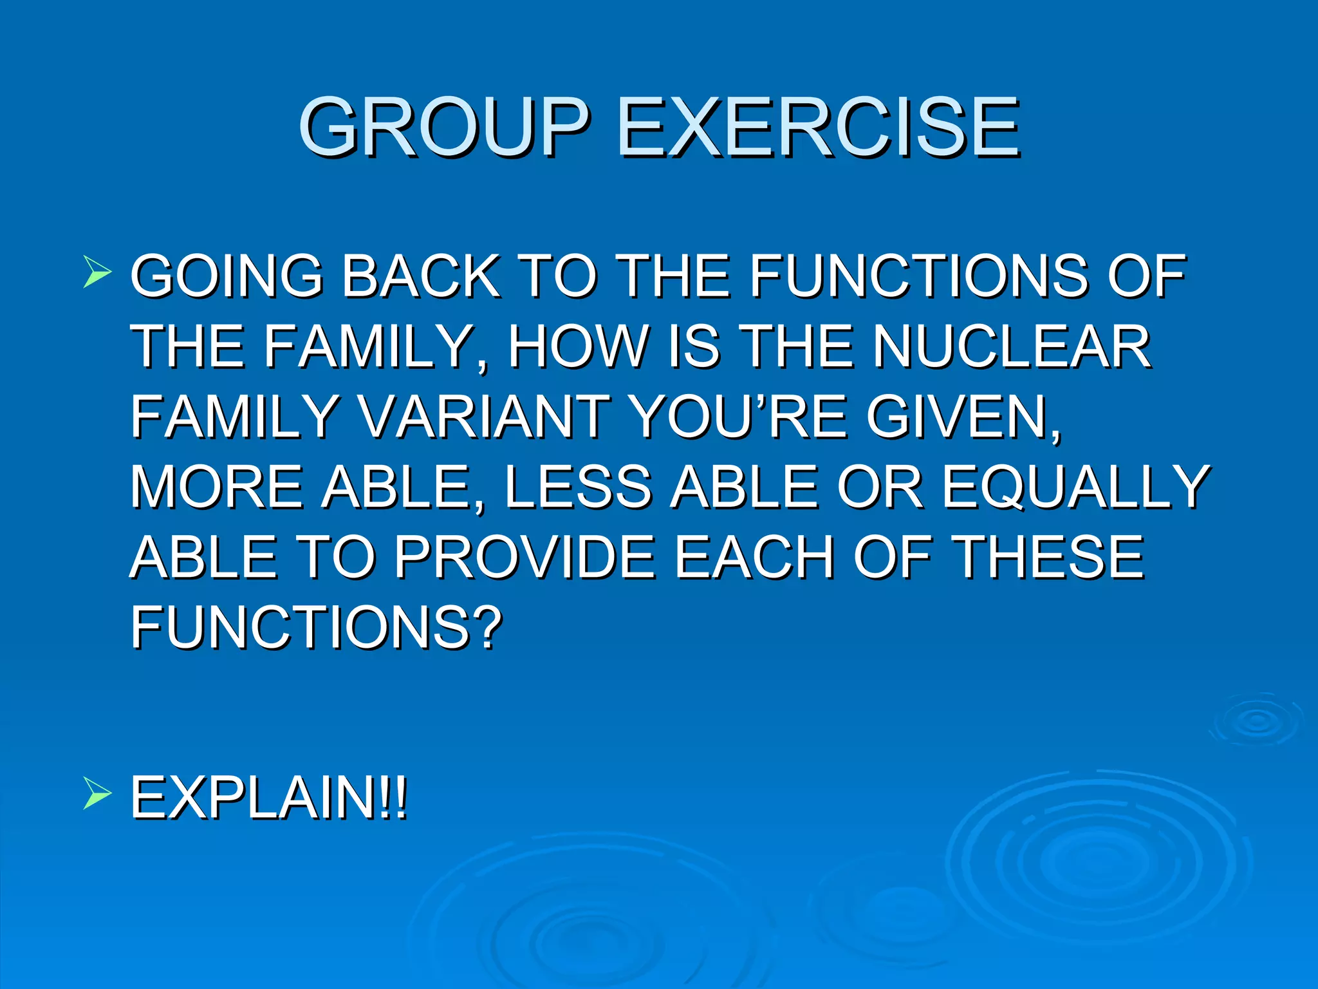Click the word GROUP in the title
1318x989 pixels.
[x=443, y=127]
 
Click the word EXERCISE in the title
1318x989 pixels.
[x=819, y=127]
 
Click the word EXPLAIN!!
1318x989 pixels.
[x=269, y=798]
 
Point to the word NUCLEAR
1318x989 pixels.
[x=1011, y=346]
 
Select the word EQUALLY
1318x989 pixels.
[x=1076, y=487]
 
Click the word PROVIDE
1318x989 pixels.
[x=524, y=557]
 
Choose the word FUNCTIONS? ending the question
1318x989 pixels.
[x=315, y=627]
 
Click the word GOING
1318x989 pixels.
[x=226, y=276]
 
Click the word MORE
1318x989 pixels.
[x=216, y=487]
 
